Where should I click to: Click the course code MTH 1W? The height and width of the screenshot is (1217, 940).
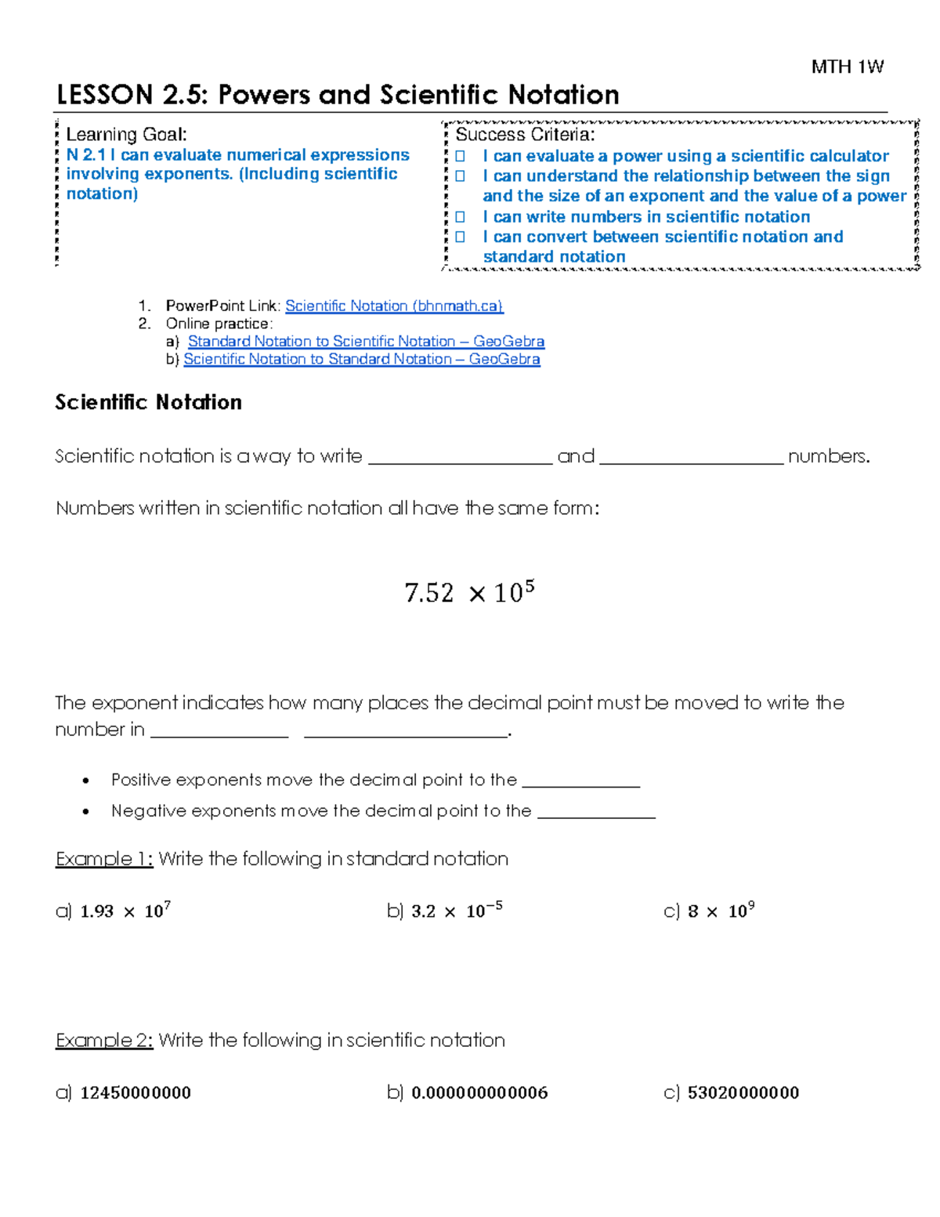pyautogui.click(x=847, y=67)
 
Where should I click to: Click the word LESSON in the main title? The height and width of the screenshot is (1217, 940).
pyautogui.click(x=104, y=95)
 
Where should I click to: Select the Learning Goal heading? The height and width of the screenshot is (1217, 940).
pyautogui.click(x=126, y=135)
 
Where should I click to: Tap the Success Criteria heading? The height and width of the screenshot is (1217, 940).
pyautogui.click(x=525, y=135)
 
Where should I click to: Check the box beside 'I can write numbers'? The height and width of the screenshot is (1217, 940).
pyautogui.click(x=461, y=217)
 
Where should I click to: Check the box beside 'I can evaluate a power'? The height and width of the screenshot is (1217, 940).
pyautogui.click(x=461, y=157)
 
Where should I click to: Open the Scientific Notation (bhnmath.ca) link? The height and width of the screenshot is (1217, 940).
pyautogui.click(x=394, y=306)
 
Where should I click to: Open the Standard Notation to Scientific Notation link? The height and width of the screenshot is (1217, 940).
pyautogui.click(x=366, y=341)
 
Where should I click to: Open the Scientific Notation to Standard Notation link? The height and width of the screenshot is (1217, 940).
pyautogui.click(x=361, y=359)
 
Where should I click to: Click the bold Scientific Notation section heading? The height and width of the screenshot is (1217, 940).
pyautogui.click(x=148, y=402)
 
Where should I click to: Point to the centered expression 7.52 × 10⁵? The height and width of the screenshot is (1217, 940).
pyautogui.click(x=469, y=592)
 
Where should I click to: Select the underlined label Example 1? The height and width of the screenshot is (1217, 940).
pyautogui.click(x=104, y=859)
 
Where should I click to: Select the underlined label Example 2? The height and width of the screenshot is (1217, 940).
pyautogui.click(x=104, y=1040)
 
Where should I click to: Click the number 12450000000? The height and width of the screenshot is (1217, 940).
pyautogui.click(x=136, y=1092)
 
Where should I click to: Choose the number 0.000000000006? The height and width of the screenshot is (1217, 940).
pyautogui.click(x=479, y=1092)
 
